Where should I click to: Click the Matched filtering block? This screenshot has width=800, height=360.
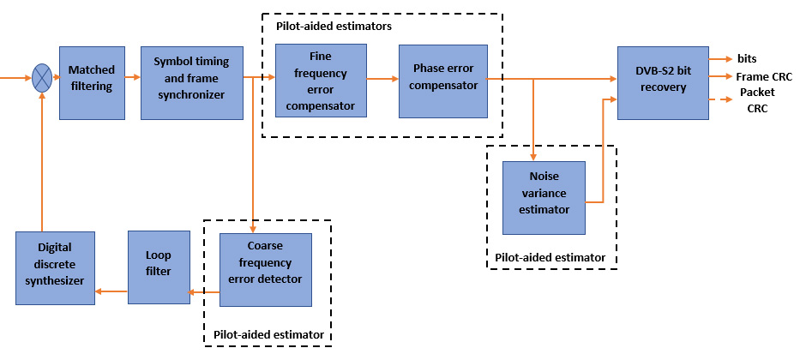click(x=92, y=82)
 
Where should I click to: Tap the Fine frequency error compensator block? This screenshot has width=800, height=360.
click(x=321, y=81)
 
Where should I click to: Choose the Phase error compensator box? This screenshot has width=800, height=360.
click(x=443, y=81)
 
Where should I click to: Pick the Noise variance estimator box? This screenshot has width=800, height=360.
click(x=544, y=198)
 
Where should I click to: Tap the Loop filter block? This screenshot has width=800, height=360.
click(x=159, y=267)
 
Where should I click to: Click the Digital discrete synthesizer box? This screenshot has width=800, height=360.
click(x=55, y=267)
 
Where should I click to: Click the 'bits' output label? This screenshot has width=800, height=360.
click(x=746, y=58)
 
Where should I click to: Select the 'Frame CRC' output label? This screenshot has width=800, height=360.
click(x=763, y=76)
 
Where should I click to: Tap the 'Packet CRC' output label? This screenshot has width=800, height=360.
click(x=756, y=100)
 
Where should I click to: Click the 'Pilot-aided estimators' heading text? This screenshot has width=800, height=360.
click(x=334, y=27)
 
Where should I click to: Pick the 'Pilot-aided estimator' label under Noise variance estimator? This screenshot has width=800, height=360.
click(x=550, y=257)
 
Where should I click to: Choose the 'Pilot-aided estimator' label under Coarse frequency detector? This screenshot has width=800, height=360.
click(x=268, y=333)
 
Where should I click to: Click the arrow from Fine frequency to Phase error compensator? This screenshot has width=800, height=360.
click(x=382, y=79)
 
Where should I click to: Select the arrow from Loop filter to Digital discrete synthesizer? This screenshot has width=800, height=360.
click(x=111, y=291)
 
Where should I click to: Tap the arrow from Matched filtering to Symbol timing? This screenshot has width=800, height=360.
click(x=132, y=78)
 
